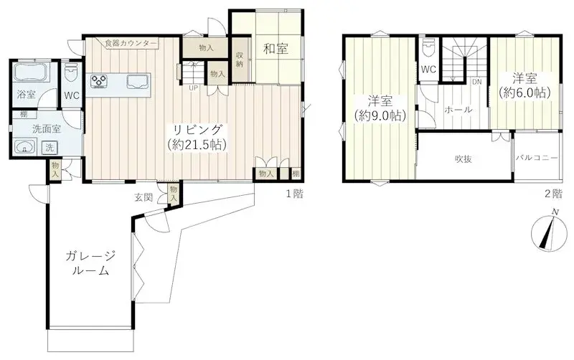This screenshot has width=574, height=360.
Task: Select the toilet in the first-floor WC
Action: click(71, 75)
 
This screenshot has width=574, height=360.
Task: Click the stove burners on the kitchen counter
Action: click(99, 81)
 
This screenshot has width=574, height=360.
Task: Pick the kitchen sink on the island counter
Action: click(138, 81)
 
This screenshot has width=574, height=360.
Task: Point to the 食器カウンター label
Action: click(131, 43)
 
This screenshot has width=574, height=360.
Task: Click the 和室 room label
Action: click(276, 49)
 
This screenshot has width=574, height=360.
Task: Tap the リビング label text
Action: click(198, 130)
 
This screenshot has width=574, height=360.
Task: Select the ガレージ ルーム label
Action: click(90, 262)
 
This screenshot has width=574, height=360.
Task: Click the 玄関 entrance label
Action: click(143, 197)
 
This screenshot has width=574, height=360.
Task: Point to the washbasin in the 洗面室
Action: click(24, 148)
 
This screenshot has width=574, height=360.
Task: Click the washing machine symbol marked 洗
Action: click(50, 148)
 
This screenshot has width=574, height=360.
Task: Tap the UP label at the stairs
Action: click(193, 87)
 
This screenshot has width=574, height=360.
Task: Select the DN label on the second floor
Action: click(476, 82)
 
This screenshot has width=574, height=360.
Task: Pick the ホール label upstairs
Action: click(458, 110)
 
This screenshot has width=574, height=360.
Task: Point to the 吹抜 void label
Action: click(463, 158)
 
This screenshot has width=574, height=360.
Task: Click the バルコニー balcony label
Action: click(537, 158)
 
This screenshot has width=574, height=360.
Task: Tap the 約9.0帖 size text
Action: click(380, 116)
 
